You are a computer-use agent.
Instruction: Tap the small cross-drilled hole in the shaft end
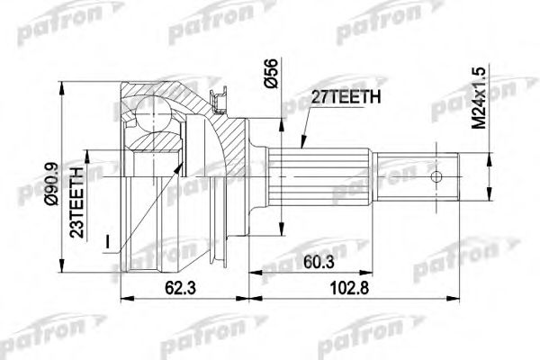[x=438, y=176]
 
